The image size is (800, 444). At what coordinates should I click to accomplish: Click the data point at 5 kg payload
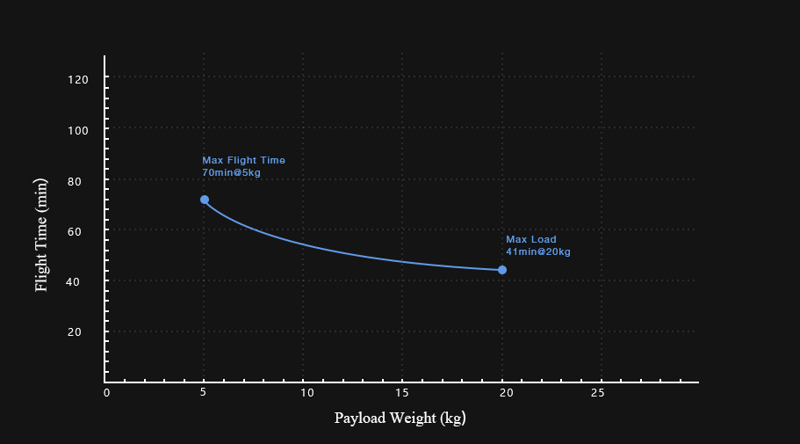[205, 200]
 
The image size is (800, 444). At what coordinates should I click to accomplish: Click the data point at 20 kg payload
[502, 270]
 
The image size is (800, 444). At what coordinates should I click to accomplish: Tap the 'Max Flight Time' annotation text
[243, 161]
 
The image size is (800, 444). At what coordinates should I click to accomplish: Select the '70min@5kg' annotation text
[231, 173]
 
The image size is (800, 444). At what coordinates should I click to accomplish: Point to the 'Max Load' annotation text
[531, 240]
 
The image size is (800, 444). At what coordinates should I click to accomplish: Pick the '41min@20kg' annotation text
[538, 252]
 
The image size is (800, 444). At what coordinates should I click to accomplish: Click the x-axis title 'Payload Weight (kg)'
[400, 418]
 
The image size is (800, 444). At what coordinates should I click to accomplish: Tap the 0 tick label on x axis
[106, 393]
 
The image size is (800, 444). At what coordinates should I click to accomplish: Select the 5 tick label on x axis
[205, 393]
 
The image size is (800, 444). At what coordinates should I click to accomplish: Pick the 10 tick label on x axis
[304, 393]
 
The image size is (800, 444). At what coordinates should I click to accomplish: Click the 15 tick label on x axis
[403, 393]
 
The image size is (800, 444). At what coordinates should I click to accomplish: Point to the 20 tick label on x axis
[502, 393]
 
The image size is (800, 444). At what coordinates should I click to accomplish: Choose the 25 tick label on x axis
[602, 393]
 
